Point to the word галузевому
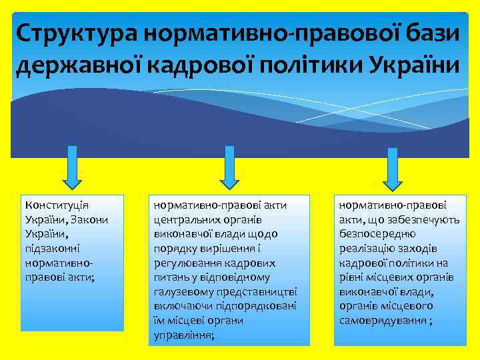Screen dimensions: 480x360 click(x=183, y=291)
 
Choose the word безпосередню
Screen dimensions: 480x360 click(x=377, y=233)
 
